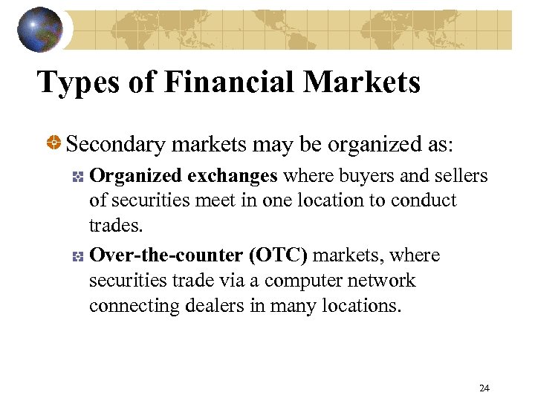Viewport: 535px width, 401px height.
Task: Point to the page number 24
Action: [484, 388]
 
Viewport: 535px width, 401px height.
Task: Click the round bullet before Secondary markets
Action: [54, 143]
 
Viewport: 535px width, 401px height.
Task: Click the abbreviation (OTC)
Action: [278, 255]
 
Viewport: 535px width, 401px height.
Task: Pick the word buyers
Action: [360, 177]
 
